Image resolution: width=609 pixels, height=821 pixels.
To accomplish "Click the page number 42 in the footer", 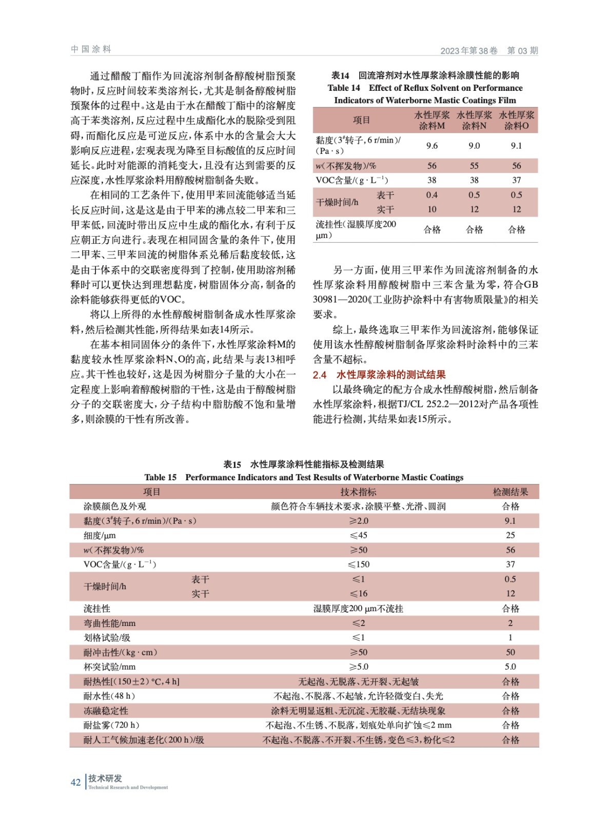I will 75,782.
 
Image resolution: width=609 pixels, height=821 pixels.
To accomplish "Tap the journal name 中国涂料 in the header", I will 91,49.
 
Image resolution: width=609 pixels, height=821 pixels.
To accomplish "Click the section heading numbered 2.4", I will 379,375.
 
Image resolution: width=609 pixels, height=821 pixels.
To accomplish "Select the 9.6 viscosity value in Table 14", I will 432,146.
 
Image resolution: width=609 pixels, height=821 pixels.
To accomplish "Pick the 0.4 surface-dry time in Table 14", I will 432,195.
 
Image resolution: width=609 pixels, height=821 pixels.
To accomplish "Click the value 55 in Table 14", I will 474,166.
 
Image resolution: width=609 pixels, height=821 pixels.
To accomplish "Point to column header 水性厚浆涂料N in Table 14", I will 474,120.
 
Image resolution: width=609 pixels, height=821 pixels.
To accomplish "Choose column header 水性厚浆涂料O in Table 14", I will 517,120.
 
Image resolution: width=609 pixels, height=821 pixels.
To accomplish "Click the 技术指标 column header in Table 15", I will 358,492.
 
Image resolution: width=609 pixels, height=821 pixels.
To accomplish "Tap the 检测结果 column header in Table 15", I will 510,492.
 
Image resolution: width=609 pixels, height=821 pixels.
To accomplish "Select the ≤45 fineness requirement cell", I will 358,535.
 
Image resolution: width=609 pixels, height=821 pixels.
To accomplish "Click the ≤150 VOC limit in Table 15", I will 358,564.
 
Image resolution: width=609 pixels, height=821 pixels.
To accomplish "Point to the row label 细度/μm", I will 100,535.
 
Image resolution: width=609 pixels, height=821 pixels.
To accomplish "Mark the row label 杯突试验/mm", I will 109,667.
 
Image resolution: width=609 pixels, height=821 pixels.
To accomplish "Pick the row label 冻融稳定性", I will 106,711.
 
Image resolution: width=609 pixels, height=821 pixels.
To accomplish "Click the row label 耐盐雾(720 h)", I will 111,725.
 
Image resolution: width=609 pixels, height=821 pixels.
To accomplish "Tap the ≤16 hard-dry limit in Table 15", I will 358,594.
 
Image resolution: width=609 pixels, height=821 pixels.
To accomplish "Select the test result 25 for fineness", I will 510,535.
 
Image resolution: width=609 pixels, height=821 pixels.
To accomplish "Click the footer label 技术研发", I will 105,778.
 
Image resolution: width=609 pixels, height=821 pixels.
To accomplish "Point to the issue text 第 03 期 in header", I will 522,50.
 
